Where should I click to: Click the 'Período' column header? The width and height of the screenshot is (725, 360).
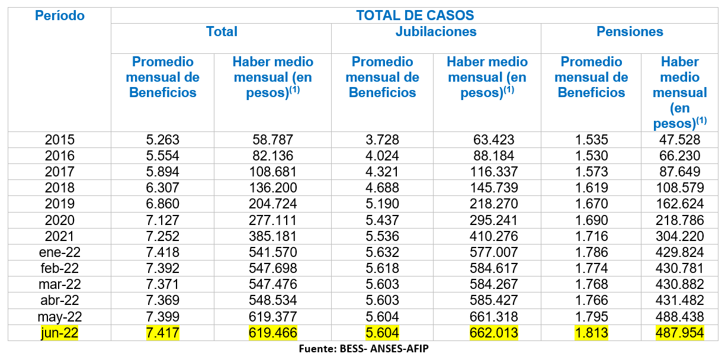pos(60,16)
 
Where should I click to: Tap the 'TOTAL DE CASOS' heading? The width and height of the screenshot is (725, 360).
pos(415,15)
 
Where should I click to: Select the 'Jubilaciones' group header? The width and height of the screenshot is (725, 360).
pos(436,32)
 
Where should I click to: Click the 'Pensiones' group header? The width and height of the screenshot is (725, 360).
pos(630,32)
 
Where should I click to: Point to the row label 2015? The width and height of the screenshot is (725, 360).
pos(60,140)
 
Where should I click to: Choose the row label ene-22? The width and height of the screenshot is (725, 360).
pos(60,252)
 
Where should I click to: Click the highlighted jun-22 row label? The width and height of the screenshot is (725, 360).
pos(60,333)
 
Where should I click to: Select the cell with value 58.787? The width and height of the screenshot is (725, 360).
pos(272,140)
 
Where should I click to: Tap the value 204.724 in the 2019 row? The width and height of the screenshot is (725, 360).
pos(272,204)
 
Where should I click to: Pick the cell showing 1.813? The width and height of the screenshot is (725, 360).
pos(591,333)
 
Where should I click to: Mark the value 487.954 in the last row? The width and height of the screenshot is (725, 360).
pos(679,333)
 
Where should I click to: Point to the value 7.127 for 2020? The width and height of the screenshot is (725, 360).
pos(162,220)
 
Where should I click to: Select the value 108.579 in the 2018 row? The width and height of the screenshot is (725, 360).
pos(679,188)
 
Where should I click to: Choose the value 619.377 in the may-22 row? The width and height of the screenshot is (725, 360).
pos(272,317)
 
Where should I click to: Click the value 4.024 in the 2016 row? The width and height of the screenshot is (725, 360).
pos(382,156)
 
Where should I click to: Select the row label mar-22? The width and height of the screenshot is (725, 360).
pos(60,284)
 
